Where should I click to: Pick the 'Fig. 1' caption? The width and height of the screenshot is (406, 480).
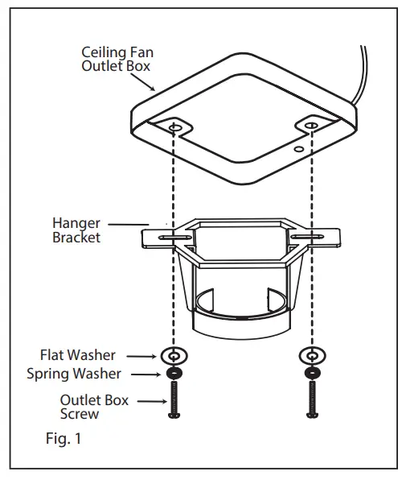[x=63, y=439]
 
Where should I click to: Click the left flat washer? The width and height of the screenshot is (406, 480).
[x=173, y=355]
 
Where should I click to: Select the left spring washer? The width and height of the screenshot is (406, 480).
[x=173, y=374]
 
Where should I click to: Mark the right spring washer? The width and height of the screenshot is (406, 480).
[x=310, y=374]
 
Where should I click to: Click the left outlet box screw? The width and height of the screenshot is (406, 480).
[x=173, y=399]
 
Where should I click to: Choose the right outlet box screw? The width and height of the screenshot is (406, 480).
[x=310, y=399]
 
